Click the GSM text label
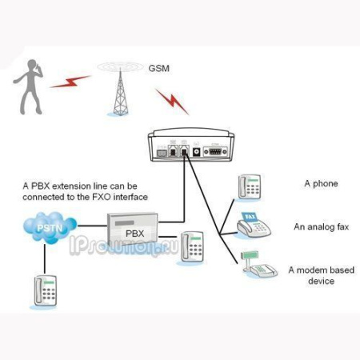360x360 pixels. coord(159,68)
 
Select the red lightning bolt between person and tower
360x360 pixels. coord(70,82)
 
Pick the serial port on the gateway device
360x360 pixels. coord(214,149)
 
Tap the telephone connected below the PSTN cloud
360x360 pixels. coord(44,291)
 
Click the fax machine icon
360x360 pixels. coord(255,225)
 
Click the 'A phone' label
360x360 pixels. coord(321,183)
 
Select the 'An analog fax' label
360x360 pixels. coord(321,226)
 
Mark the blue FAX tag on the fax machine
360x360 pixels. coord(250,216)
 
